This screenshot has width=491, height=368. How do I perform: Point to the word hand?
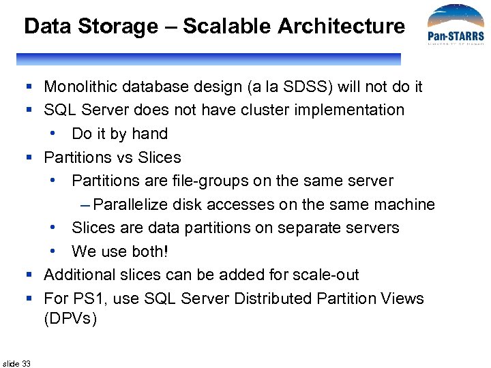pos(149,134)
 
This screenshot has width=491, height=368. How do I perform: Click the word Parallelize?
pos(131,204)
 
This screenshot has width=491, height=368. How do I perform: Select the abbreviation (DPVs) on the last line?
pos(71,318)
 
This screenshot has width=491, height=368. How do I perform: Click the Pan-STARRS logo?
pos(455,27)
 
